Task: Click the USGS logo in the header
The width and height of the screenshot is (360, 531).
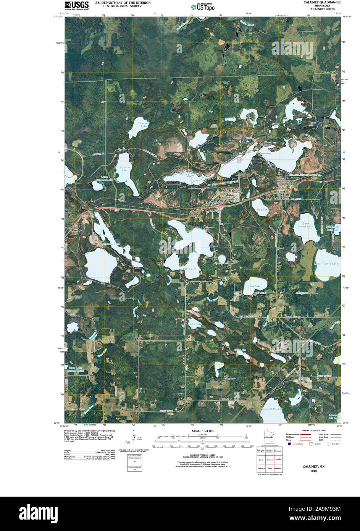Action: coord(76,5)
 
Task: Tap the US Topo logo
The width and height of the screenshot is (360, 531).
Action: coord(203,6)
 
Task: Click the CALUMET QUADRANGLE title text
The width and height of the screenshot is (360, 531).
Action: coord(322,2)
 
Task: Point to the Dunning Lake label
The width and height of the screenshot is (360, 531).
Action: coord(143,125)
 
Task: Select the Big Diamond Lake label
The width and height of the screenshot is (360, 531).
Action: coord(123,169)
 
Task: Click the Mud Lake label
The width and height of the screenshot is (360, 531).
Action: coord(262,210)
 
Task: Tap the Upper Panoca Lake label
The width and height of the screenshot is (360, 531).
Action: coord(305,225)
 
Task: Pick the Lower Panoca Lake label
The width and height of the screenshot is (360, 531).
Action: coord(326,264)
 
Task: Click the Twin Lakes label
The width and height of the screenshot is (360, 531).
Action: coord(190,269)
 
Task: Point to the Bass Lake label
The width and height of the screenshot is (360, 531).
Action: coord(254,286)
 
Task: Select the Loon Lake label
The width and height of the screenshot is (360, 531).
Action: coord(195,324)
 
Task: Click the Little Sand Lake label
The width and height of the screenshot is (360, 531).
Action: coord(271,409)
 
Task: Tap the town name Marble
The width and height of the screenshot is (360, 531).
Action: coord(229,195)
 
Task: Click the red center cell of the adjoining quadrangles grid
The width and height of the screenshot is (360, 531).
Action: coord(270,460)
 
